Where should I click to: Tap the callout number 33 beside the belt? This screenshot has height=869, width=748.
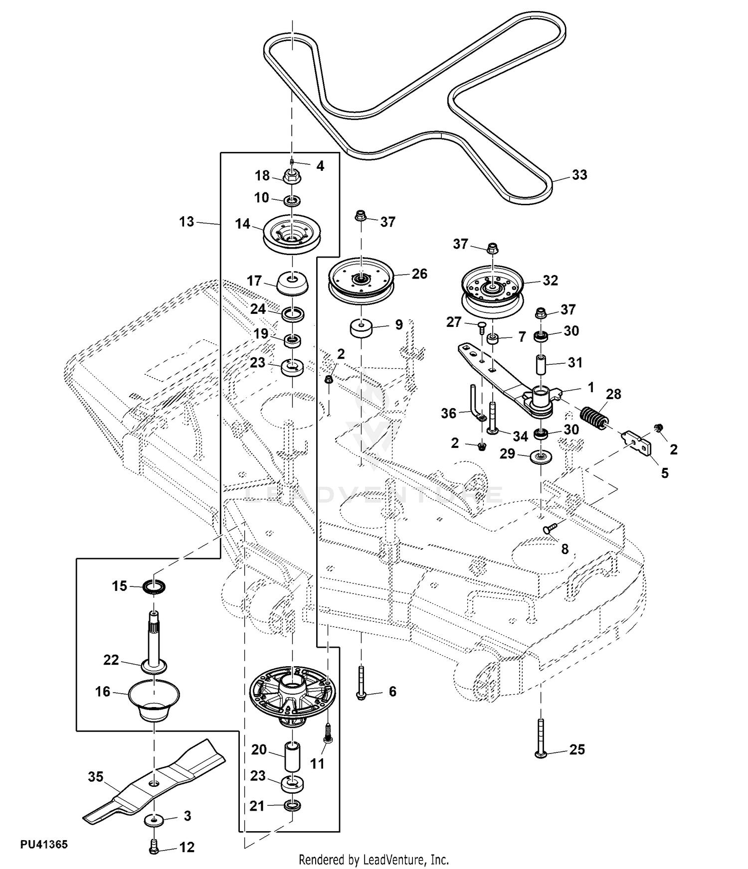point(579,175)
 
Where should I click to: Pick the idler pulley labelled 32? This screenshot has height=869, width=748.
point(492,292)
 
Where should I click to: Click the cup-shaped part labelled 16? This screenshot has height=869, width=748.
point(154,700)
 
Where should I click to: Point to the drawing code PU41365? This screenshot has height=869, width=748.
point(44,845)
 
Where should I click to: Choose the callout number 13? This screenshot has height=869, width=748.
point(187,222)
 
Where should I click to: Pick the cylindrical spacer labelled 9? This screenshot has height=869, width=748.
point(361,329)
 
